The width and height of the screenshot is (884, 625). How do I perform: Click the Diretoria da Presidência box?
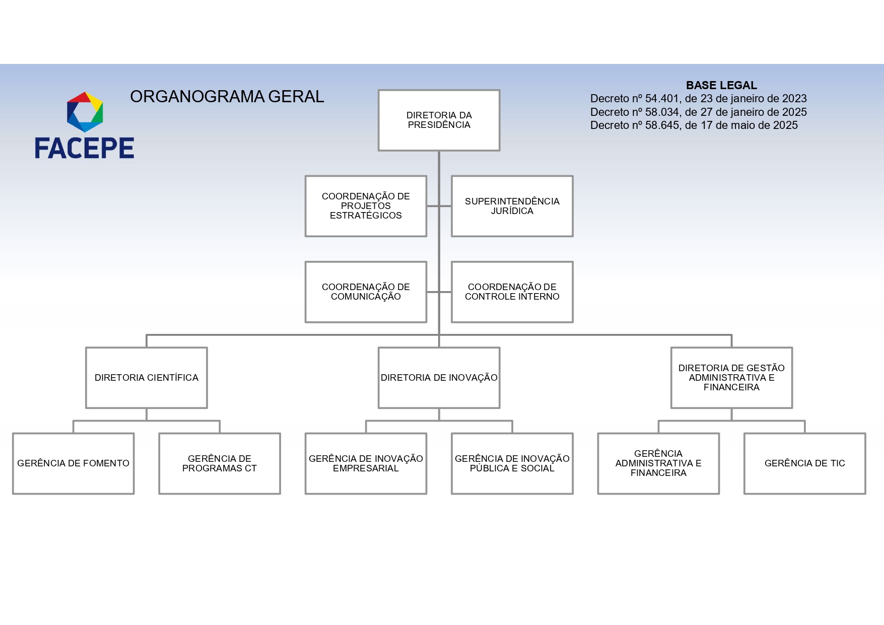tap(439, 120)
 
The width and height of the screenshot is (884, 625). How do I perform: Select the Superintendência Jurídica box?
tap(512, 206)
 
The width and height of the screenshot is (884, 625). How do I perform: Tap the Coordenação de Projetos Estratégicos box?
tap(366, 206)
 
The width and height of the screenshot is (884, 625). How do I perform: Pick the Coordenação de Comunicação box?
tap(366, 292)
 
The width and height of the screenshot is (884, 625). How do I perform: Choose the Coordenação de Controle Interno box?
tap(512, 292)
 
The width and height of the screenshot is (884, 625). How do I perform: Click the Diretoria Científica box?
tap(146, 378)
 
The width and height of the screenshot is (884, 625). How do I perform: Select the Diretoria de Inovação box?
tap(439, 378)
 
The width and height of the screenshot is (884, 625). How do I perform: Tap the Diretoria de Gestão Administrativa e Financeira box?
tap(731, 378)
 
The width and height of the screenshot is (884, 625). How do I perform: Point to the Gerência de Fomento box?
tap(73, 463)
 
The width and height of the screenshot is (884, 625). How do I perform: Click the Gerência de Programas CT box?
tap(219, 463)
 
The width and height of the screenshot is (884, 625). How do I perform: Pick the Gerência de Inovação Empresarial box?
tap(366, 463)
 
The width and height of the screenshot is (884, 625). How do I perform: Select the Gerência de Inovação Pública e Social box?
tap(512, 463)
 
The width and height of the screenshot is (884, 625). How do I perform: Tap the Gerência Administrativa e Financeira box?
tap(658, 463)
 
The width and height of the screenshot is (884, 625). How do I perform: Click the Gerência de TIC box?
tap(804, 463)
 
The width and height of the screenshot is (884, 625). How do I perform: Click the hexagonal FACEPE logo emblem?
tap(85, 112)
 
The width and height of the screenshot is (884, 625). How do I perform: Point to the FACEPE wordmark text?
tap(85, 148)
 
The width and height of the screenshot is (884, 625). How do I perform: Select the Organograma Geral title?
tap(227, 96)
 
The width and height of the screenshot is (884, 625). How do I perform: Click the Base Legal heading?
tap(721, 85)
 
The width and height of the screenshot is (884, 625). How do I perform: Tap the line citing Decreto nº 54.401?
tap(698, 99)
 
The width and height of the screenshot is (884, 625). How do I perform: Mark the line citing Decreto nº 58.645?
tap(694, 125)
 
